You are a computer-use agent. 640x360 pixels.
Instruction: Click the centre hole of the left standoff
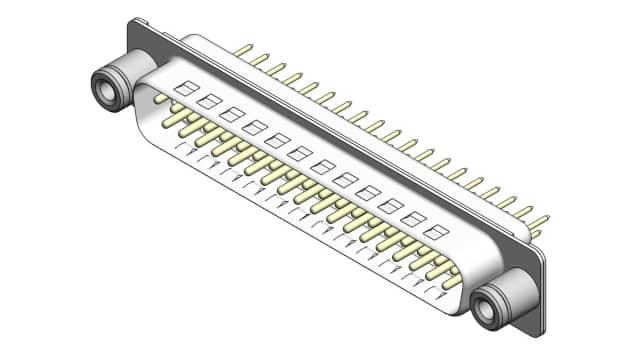(x=105, y=88)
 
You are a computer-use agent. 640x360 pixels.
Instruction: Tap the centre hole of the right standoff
(x=488, y=311)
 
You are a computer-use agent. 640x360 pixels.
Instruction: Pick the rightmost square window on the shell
(x=436, y=231)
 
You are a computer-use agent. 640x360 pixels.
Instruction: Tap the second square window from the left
(x=208, y=102)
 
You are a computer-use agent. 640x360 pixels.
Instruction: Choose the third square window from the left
(x=231, y=115)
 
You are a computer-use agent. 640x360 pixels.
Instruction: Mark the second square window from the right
(x=413, y=218)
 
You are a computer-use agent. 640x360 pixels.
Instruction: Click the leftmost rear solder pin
(x=242, y=48)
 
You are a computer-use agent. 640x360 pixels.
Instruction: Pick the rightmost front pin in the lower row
(x=451, y=285)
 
